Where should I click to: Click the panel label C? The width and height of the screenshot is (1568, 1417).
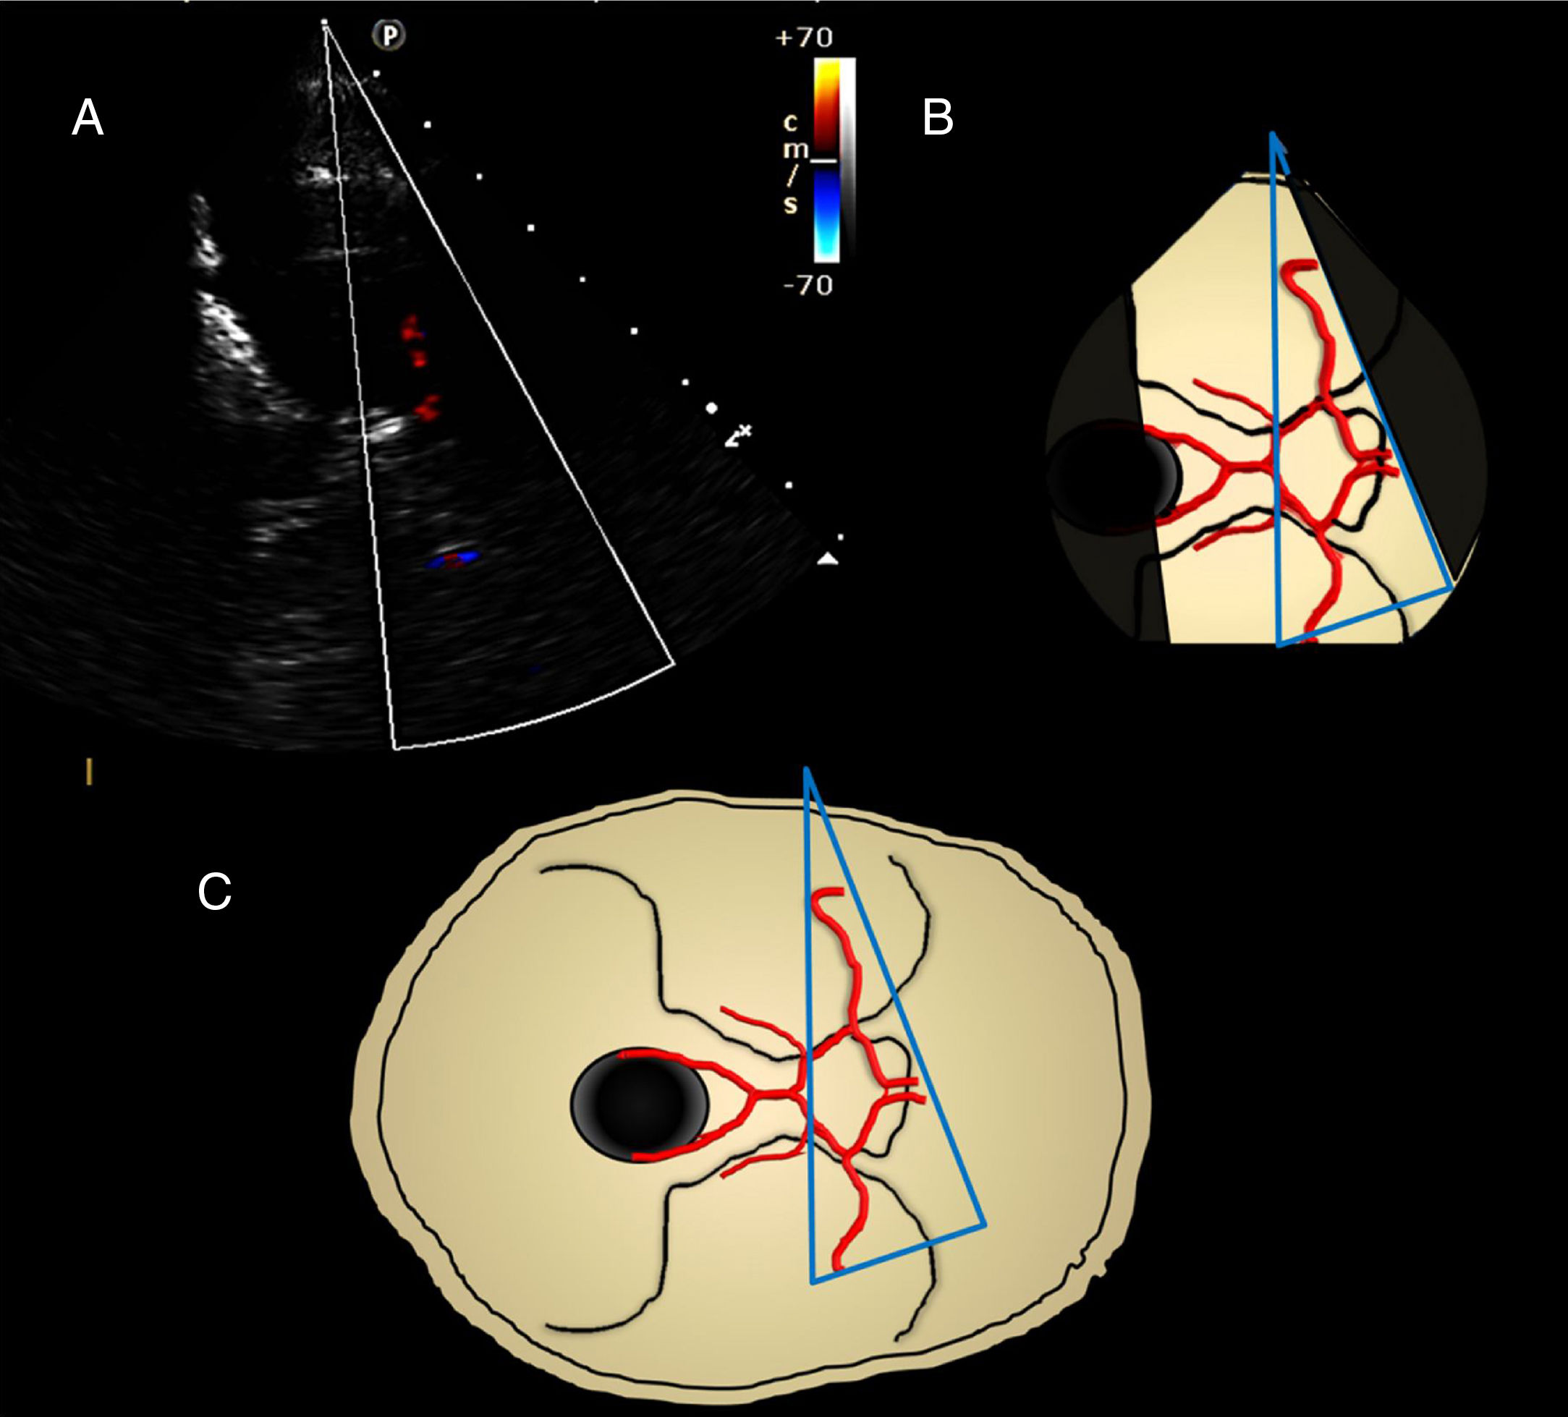click(x=215, y=891)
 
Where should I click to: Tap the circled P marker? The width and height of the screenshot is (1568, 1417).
click(x=390, y=35)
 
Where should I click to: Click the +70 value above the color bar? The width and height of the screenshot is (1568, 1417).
click(x=804, y=38)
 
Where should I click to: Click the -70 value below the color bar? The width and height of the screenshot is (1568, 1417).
click(x=808, y=286)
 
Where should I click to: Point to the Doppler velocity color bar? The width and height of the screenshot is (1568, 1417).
click(x=827, y=159)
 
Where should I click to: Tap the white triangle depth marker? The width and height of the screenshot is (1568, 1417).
click(x=827, y=558)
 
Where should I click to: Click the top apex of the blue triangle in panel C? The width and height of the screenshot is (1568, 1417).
click(x=807, y=769)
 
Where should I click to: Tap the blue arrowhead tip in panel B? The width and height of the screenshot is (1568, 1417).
click(x=1274, y=135)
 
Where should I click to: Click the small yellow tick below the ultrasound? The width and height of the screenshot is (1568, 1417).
click(x=90, y=772)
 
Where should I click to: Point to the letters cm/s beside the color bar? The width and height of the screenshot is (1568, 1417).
click(x=790, y=163)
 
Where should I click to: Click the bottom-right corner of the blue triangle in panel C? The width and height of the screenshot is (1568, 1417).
click(x=985, y=1225)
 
